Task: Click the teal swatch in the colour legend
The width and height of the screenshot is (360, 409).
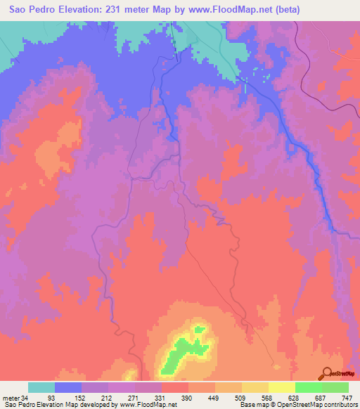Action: tap(41, 387)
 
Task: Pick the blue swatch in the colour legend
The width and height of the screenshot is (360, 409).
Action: tap(68, 387)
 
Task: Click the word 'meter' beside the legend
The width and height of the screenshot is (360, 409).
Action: tap(12, 398)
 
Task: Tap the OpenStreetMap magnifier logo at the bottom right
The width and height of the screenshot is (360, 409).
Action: tap(328, 374)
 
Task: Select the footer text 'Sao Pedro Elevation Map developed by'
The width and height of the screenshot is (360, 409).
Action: tap(53, 405)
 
